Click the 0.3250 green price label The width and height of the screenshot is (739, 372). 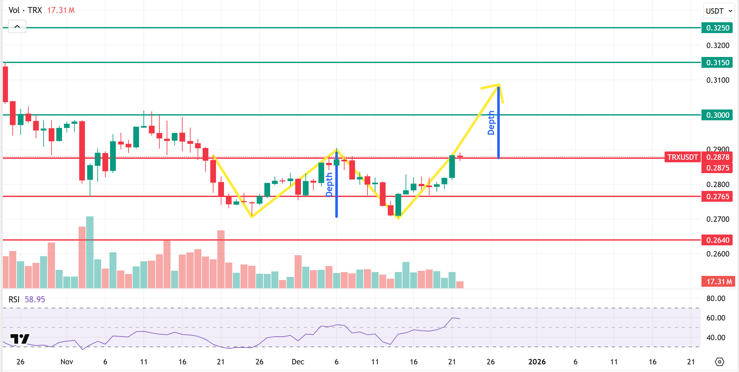(717, 28)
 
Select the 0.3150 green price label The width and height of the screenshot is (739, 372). (717, 63)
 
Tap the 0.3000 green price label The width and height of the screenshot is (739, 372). (717, 115)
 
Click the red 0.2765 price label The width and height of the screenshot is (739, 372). (717, 197)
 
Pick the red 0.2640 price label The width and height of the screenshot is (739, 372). (717, 240)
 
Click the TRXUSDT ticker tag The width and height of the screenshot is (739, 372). (682, 157)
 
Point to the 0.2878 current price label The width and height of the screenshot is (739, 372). (717, 157)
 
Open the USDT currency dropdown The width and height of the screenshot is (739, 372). (719, 11)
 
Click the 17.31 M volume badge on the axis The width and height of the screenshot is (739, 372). (719, 282)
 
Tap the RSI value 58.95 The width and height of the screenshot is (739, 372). (35, 299)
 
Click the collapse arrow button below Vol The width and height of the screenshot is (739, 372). (17, 26)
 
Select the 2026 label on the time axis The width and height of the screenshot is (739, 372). (537, 362)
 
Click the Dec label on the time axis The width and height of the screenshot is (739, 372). (298, 362)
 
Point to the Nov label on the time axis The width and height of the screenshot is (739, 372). (67, 362)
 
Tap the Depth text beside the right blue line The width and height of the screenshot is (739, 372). (491, 123)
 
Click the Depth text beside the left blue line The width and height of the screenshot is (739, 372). (329, 185)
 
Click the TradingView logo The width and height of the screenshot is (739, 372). (20, 339)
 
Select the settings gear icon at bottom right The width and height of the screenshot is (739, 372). (719, 362)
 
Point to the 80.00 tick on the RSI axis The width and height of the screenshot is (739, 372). (715, 298)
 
